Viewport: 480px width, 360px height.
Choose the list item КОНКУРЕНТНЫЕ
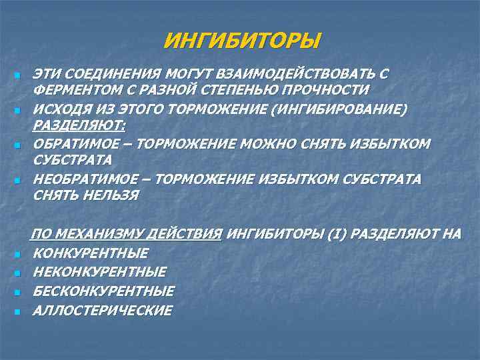91,253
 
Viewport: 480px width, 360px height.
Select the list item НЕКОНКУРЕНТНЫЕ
100,272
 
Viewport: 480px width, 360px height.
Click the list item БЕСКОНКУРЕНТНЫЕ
103,291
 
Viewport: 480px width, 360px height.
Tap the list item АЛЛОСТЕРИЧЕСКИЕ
103,310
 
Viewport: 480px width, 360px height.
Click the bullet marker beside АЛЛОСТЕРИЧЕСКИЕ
16,311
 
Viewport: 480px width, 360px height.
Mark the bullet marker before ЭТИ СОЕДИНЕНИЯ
16,74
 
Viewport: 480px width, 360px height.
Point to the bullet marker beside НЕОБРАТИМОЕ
16,181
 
